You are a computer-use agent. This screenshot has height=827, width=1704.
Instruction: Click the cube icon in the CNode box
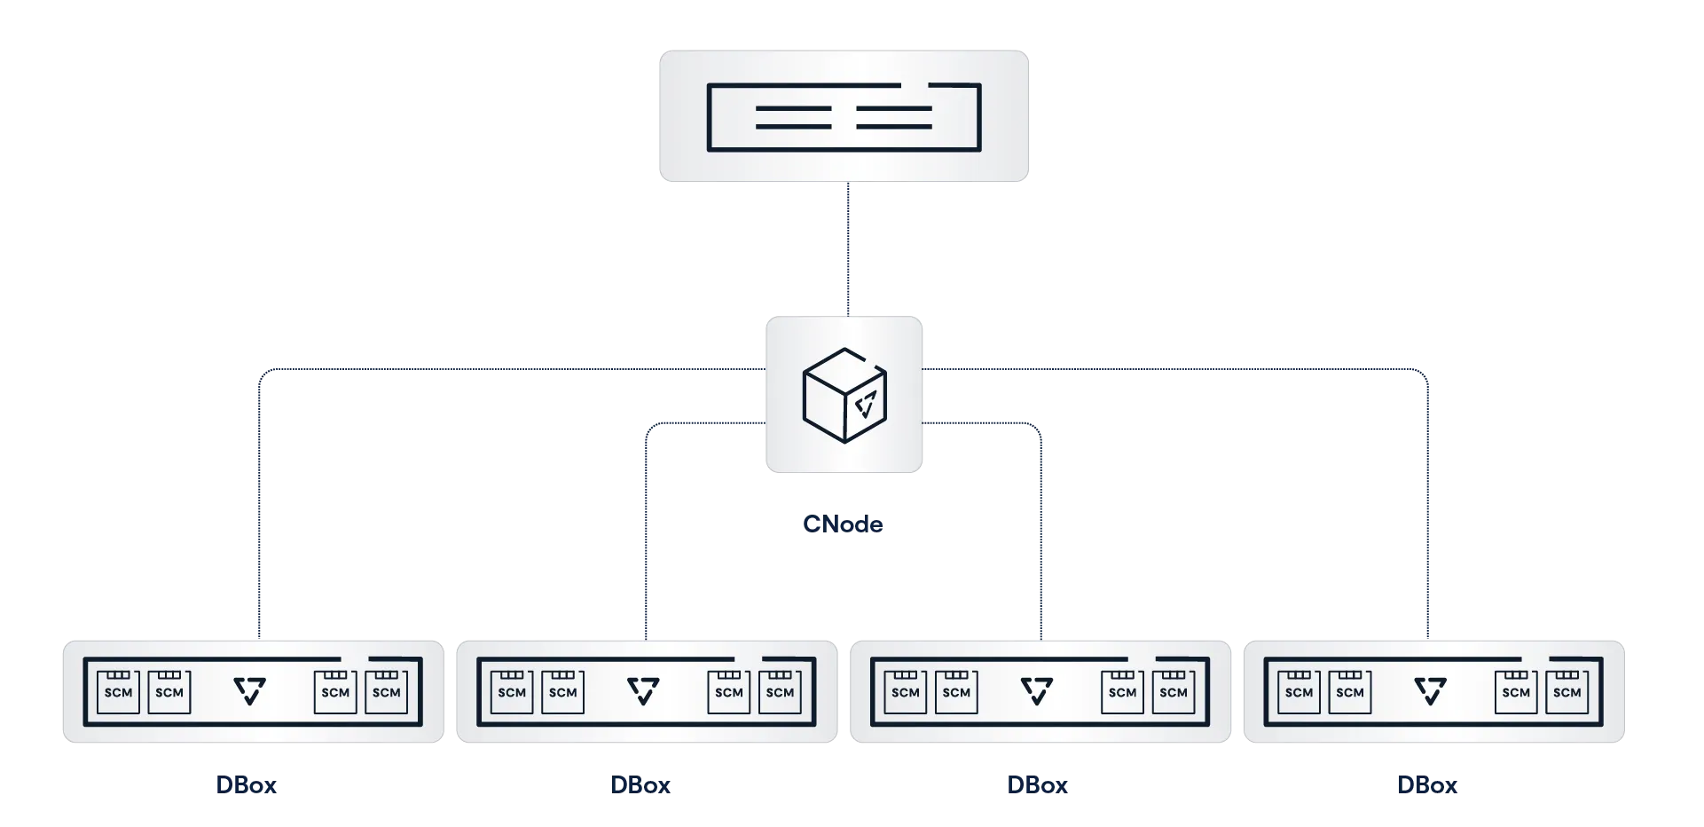point(844,394)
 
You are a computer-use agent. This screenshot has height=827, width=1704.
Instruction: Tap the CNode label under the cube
point(844,524)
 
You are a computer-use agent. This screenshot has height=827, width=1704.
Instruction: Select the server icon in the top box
point(844,117)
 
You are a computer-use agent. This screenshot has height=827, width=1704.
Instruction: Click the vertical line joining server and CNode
point(848,248)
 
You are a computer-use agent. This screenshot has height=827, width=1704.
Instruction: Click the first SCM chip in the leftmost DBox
point(118,692)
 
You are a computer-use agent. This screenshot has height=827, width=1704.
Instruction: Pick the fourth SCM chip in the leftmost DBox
point(386,692)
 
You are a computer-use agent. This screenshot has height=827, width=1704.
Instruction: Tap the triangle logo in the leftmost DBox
point(250,691)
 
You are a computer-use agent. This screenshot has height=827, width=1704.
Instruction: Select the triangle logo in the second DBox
point(643,691)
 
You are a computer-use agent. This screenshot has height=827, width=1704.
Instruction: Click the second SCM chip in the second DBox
point(562,692)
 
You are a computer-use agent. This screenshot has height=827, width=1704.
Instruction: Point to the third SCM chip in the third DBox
point(1122,692)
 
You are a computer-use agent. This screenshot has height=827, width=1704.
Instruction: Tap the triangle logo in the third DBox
point(1037,691)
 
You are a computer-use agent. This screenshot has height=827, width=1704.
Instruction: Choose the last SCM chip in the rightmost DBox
point(1567,692)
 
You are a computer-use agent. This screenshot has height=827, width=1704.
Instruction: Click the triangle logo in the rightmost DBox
point(1430,691)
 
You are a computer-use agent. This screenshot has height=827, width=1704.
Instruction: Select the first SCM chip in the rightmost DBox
point(1299,692)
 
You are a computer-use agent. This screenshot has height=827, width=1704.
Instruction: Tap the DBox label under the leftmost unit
point(245,785)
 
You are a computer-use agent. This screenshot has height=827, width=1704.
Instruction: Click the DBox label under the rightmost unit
point(1428,785)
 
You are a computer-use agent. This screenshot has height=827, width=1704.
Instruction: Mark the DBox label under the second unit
point(641,785)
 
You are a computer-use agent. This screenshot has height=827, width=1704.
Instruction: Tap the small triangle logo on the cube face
point(866,405)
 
